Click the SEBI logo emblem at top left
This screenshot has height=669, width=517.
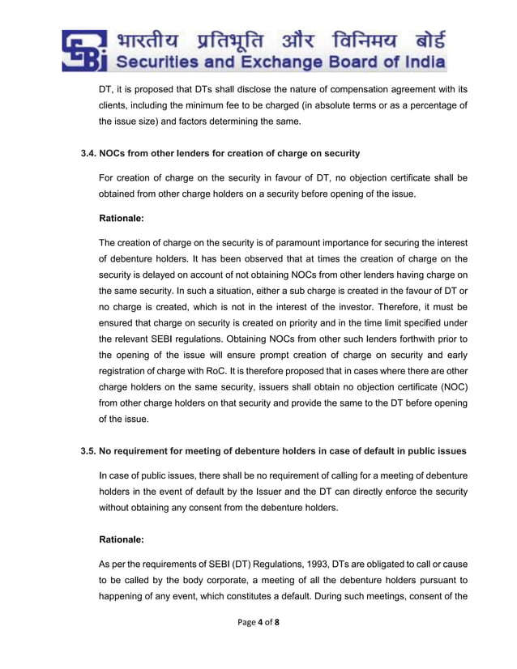coord(83,49)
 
